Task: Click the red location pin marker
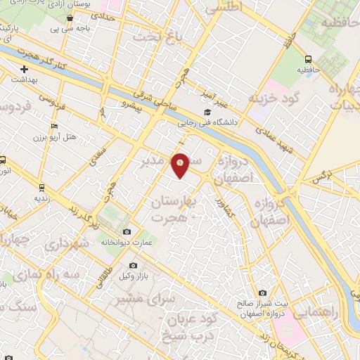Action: click(181, 165)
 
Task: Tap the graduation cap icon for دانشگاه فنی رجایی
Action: click(207, 112)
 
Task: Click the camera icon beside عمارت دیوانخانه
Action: click(127, 232)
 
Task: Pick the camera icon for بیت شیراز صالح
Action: click(263, 293)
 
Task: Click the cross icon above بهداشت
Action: click(25, 70)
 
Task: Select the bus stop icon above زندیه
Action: click(41, 187)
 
